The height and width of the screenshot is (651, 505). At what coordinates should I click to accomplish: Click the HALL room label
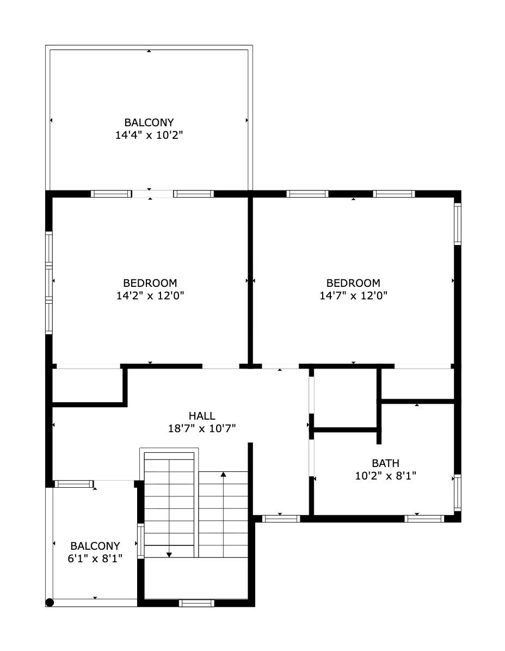201,416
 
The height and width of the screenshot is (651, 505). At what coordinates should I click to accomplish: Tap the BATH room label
385,463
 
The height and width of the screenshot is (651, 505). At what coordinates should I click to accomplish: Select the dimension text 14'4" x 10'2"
149,135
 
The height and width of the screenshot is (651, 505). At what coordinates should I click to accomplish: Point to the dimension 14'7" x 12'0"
353,296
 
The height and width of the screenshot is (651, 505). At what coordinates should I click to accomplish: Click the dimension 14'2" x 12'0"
150,296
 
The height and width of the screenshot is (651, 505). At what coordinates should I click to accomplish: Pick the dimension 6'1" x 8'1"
95,558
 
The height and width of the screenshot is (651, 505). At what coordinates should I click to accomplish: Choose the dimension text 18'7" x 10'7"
201,428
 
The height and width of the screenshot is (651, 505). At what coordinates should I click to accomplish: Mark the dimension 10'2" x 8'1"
385,475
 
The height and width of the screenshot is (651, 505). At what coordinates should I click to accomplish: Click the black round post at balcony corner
50,602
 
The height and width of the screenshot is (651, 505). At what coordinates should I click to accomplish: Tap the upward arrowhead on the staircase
223,475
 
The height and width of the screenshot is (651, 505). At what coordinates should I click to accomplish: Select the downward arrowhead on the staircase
169,554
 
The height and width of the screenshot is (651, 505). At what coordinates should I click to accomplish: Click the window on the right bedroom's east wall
457,223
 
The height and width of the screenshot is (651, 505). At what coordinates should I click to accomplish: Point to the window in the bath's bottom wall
424,519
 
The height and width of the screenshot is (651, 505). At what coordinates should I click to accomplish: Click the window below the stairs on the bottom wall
196,603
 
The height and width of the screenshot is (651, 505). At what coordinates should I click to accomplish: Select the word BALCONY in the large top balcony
149,122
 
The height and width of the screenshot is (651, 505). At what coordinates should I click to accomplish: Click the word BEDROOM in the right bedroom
353,283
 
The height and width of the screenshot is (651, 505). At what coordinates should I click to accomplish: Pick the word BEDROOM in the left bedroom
150,283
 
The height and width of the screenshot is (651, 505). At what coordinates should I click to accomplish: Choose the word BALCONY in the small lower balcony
95,545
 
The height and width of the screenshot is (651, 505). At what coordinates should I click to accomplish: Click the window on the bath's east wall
457,492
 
